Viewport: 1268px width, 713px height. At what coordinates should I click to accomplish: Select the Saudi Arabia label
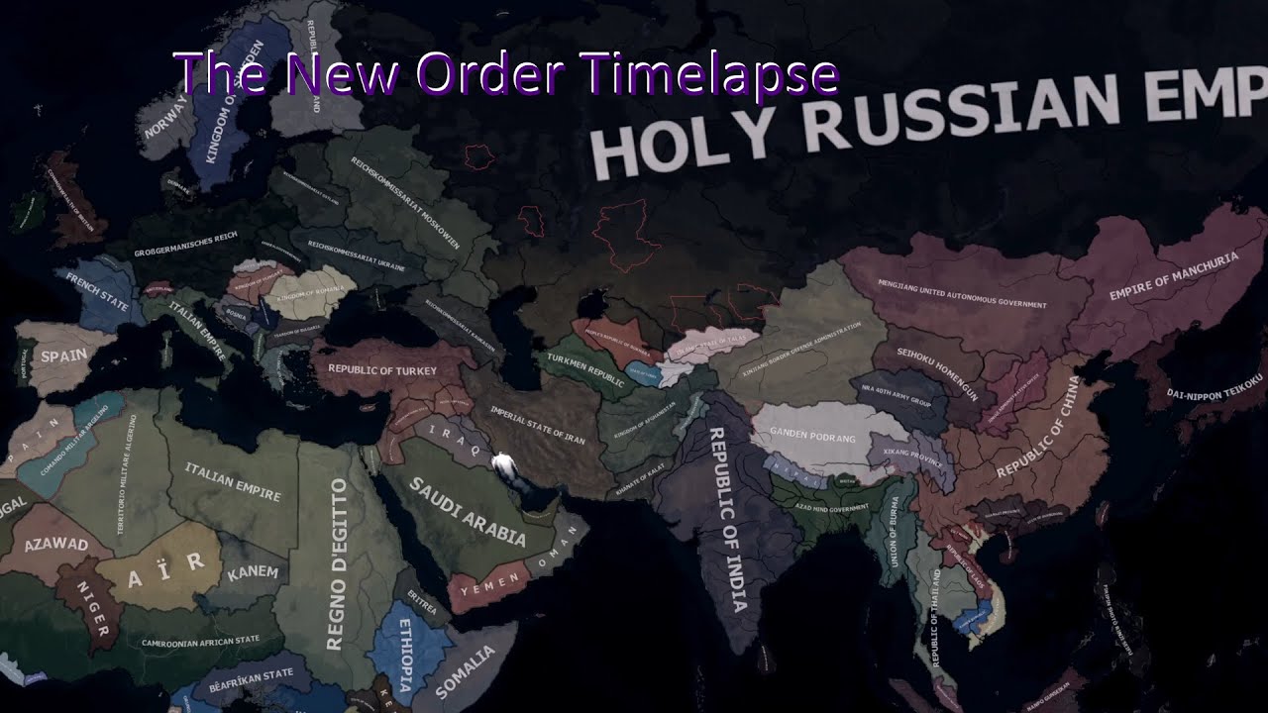[468, 512]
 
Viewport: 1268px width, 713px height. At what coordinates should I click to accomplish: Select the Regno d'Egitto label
[336, 564]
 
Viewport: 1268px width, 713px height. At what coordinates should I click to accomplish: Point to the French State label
[97, 293]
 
